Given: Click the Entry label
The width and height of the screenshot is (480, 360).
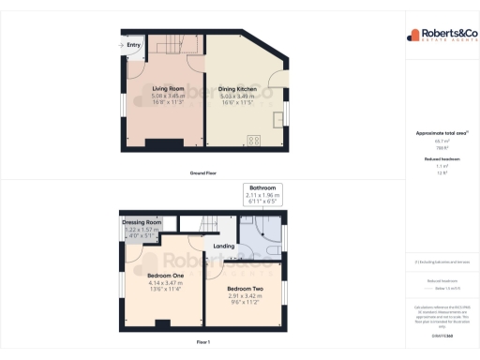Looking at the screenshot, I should pyautogui.click(x=134, y=44).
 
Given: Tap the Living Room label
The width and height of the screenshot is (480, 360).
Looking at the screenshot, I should pyautogui.click(x=170, y=88).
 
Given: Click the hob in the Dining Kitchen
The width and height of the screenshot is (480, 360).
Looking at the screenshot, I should pyautogui.click(x=253, y=141).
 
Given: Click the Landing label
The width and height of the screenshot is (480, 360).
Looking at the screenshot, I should pyautogui.click(x=224, y=246).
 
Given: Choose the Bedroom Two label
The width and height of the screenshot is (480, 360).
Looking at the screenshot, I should pyautogui.click(x=244, y=288).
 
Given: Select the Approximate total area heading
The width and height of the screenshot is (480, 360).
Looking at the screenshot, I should pyautogui.click(x=442, y=133).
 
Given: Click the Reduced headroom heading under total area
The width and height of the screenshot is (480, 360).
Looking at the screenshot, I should pyautogui.click(x=442, y=159).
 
